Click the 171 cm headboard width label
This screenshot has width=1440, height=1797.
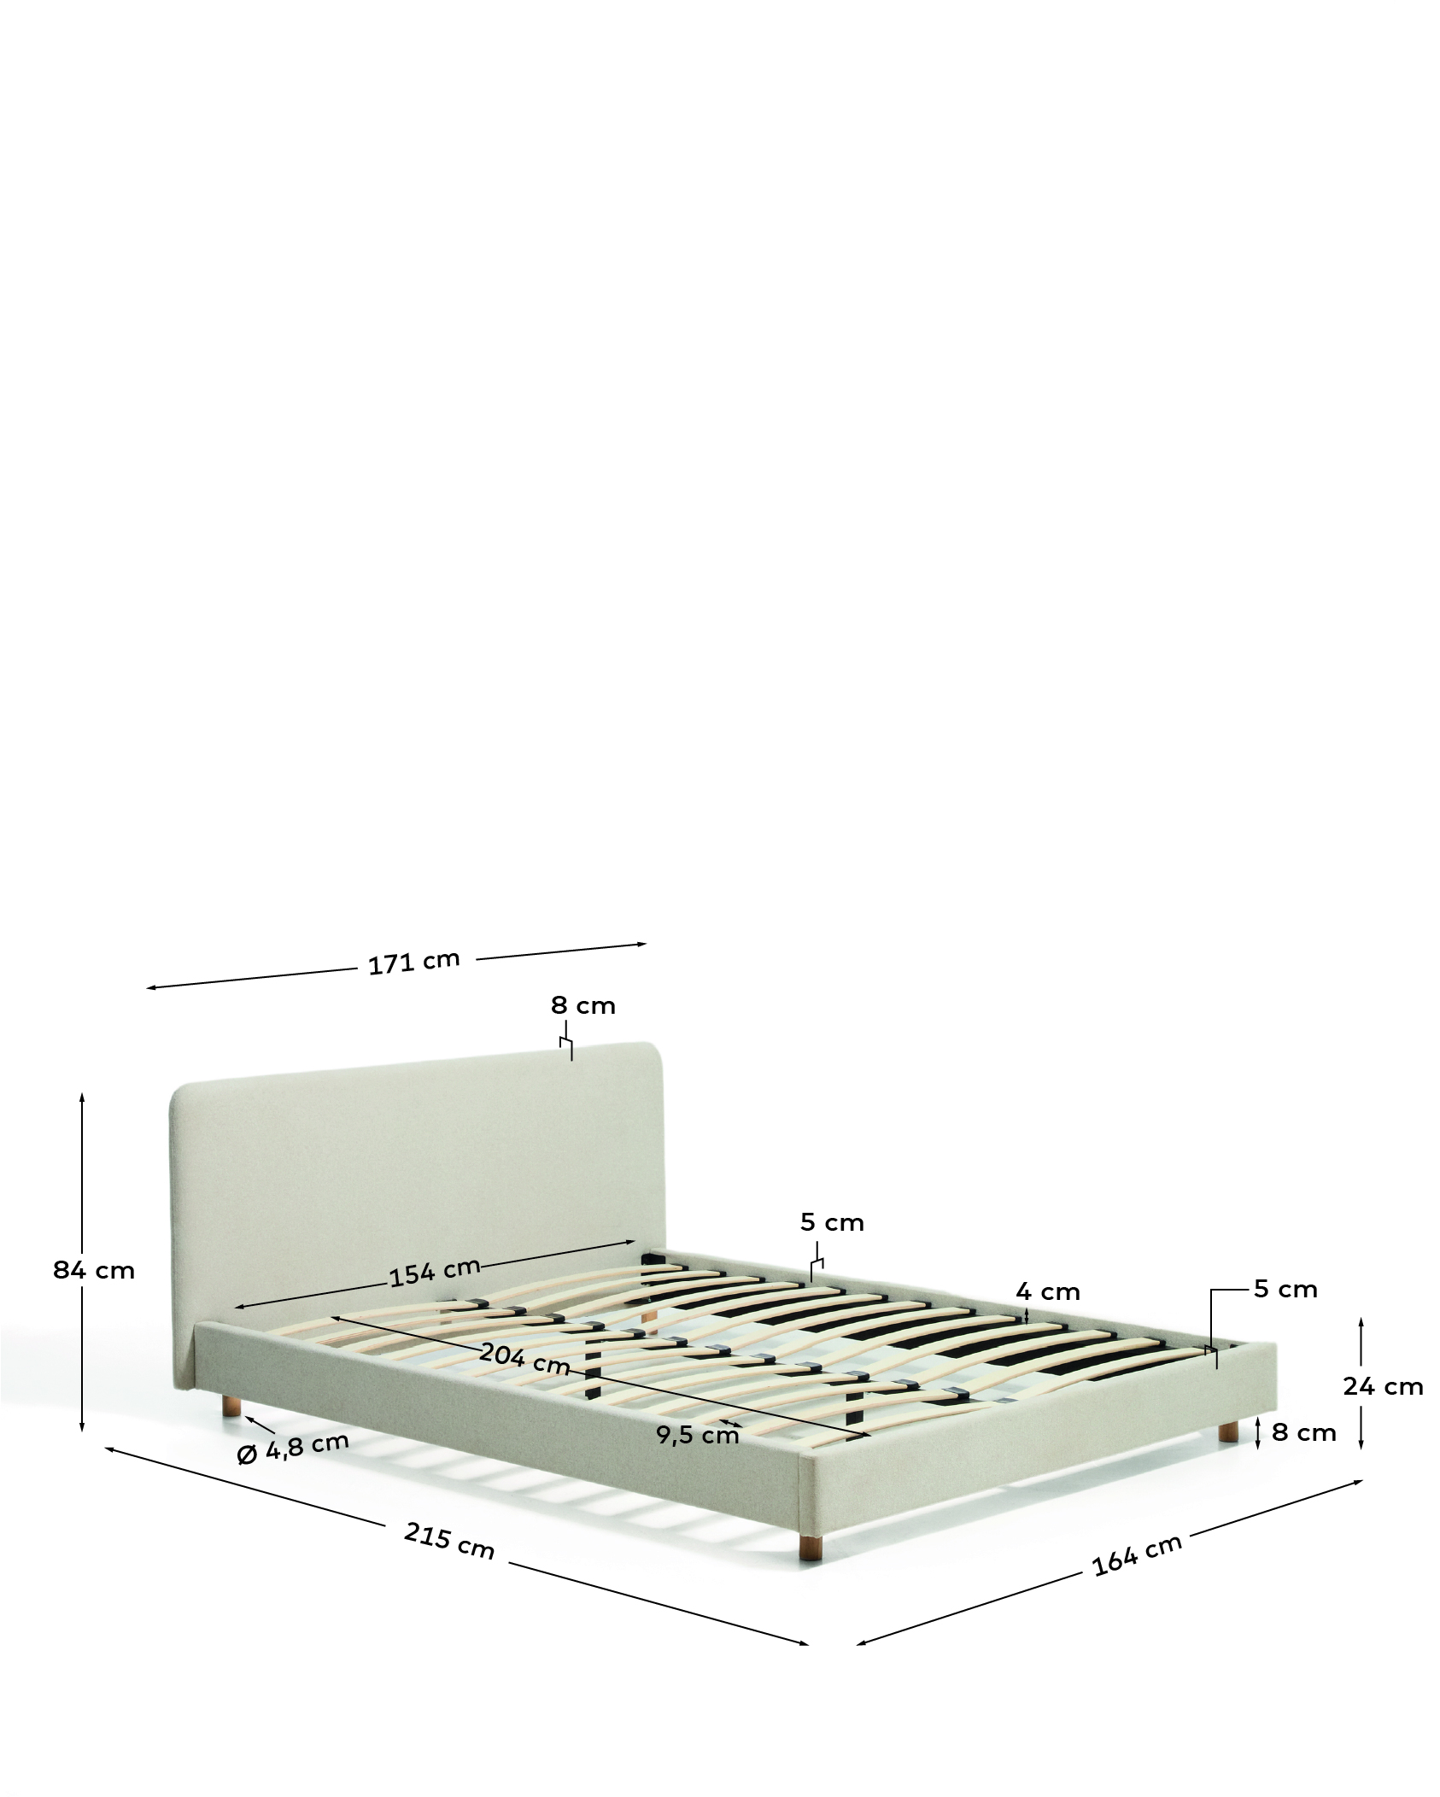414,962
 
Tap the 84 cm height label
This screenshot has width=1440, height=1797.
94,1270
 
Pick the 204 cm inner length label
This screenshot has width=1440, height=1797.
524,1359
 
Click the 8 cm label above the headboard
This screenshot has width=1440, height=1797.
583,1005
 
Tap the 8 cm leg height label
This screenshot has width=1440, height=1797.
1304,1432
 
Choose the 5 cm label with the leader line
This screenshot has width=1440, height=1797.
1285,1289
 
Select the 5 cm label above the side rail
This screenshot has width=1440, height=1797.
832,1222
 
